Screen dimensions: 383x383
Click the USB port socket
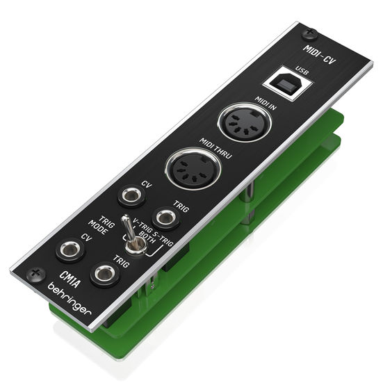coord(287,83)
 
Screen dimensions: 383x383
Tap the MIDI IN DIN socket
coord(245,122)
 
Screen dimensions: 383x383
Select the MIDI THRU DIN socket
coord(193,168)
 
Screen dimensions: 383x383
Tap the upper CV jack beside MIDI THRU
coord(131,195)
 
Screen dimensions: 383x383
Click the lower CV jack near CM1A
coord(71,250)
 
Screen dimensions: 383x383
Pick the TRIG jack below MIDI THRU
coord(166,218)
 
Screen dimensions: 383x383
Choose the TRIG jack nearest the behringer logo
coord(105,274)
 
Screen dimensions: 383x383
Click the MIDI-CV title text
coord(319,54)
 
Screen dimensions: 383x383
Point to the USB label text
coord(302,70)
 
